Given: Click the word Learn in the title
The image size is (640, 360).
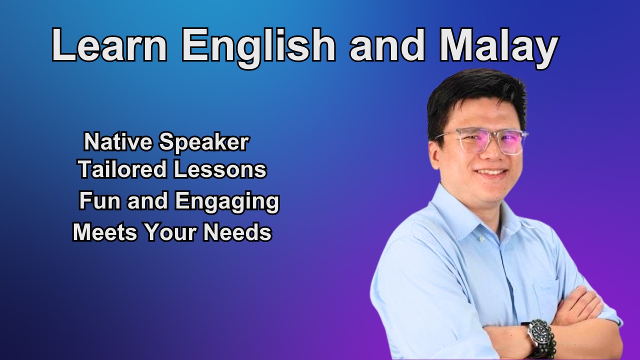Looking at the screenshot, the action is click(x=109, y=45).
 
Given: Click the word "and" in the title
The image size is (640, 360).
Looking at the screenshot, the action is click(x=387, y=45).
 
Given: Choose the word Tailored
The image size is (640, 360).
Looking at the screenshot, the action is click(x=123, y=169).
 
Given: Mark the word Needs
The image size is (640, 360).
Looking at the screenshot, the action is click(x=237, y=232).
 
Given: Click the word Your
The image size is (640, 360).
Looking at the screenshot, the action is click(x=170, y=232).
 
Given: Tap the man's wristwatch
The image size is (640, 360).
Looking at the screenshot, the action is click(x=538, y=335).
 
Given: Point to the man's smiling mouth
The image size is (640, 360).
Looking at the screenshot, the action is click(x=491, y=173).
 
